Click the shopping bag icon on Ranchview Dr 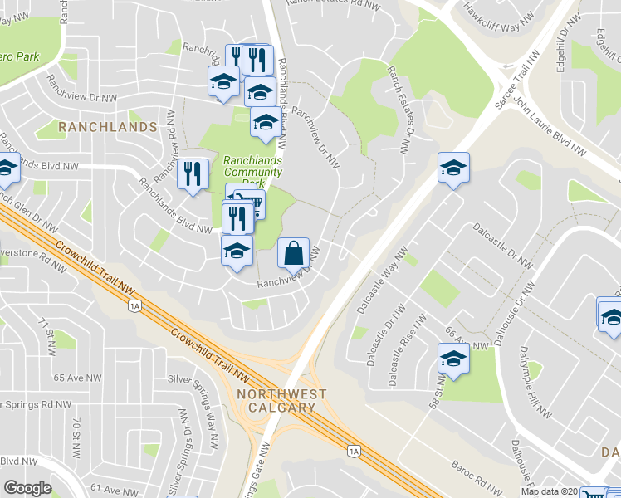294,253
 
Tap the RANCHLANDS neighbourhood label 108,127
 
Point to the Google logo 28,488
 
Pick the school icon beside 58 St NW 453,359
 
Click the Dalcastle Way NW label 381,282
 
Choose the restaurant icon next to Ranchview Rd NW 193,174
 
